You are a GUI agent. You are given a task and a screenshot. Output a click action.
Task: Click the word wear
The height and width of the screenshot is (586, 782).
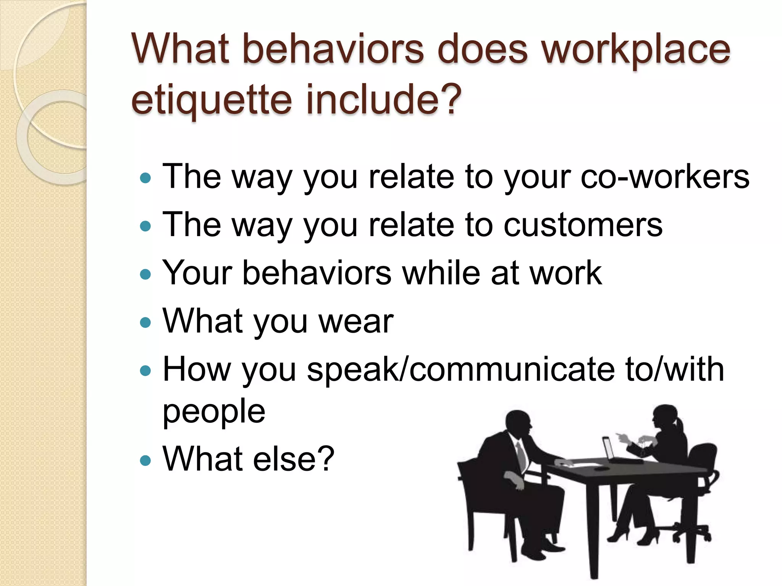(355, 322)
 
